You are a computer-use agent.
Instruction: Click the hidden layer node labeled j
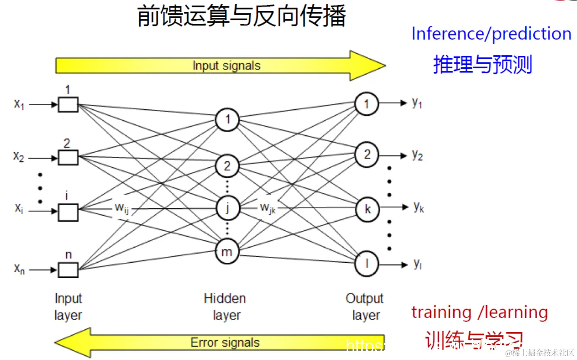click(x=227, y=208)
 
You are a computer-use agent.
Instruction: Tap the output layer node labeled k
click(x=367, y=210)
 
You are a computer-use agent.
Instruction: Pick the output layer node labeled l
click(x=367, y=263)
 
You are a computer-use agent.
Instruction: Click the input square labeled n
click(x=68, y=270)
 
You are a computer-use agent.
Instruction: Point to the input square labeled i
click(x=68, y=212)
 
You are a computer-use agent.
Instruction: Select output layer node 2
click(x=367, y=155)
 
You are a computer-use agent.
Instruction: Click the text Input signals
click(x=226, y=66)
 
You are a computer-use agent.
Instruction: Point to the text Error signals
click(x=225, y=343)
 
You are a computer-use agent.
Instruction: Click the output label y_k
click(x=418, y=207)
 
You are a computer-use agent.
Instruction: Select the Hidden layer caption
click(x=225, y=307)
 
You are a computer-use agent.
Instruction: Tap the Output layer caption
click(x=365, y=307)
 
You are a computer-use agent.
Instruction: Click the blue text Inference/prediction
click(x=491, y=34)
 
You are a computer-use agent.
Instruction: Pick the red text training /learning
click(x=479, y=312)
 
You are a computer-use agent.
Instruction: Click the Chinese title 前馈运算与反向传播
click(x=241, y=16)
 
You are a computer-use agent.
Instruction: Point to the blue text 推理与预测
click(x=482, y=65)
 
